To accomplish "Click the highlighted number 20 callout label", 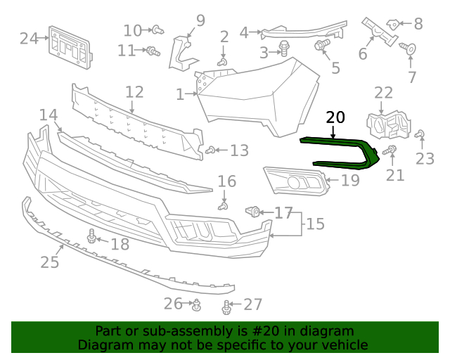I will point(336,117).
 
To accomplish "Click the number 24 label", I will point(29,39).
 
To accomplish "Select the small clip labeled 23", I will point(420,134).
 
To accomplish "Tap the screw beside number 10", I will point(158,30).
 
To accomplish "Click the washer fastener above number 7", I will point(410,49).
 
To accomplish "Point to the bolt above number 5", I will point(323,46).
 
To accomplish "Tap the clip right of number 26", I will point(198,304).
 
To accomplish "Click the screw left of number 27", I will point(226,307).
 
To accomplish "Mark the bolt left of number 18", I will point(91,237).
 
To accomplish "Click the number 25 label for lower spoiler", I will point(49,262).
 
